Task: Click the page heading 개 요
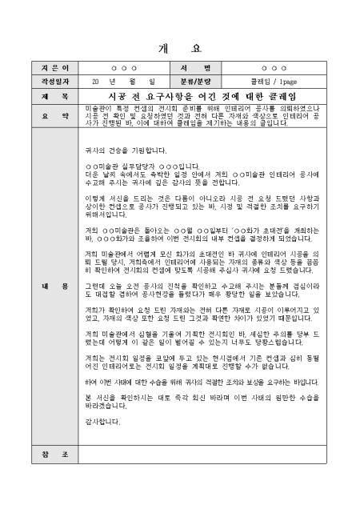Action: point(180,46)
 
